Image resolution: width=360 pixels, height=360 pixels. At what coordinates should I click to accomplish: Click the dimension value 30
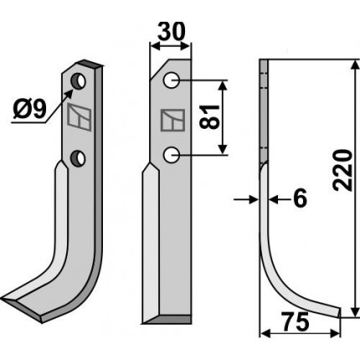click(x=171, y=31)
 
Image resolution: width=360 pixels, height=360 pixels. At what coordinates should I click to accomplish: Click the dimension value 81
click(x=210, y=117)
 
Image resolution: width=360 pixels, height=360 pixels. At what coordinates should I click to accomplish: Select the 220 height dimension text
click(x=342, y=170)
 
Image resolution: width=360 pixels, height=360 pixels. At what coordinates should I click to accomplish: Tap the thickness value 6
click(x=300, y=198)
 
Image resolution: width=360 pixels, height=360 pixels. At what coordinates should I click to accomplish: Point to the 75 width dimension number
click(x=296, y=321)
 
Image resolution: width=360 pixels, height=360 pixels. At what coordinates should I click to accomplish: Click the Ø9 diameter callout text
click(x=29, y=109)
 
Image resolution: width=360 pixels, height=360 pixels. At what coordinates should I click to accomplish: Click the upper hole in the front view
click(x=172, y=80)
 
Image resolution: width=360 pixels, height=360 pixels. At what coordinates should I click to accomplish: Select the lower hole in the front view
click(x=172, y=155)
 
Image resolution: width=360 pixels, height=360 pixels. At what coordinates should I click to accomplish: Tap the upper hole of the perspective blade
click(x=79, y=81)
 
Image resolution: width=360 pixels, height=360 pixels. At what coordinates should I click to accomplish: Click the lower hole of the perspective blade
click(x=78, y=158)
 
